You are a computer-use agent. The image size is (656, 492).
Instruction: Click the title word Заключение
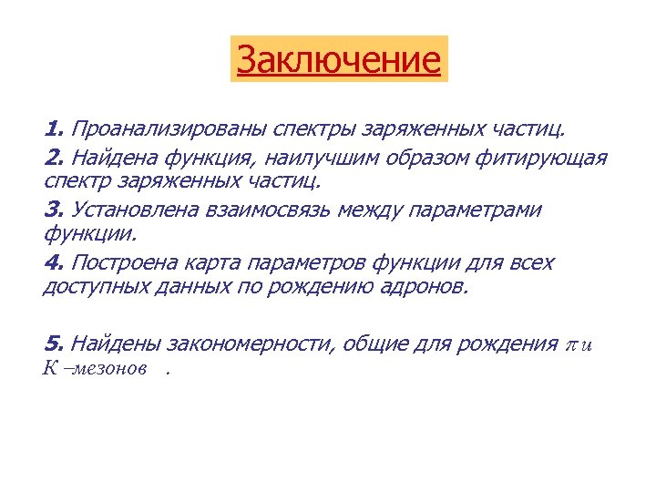click(x=339, y=60)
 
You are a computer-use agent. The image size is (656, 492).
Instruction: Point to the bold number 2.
click(x=52, y=158)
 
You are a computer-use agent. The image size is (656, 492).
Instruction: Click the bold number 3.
click(x=52, y=210)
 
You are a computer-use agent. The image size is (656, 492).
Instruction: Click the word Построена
click(x=128, y=263)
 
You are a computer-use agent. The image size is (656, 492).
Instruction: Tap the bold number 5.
click(x=52, y=343)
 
